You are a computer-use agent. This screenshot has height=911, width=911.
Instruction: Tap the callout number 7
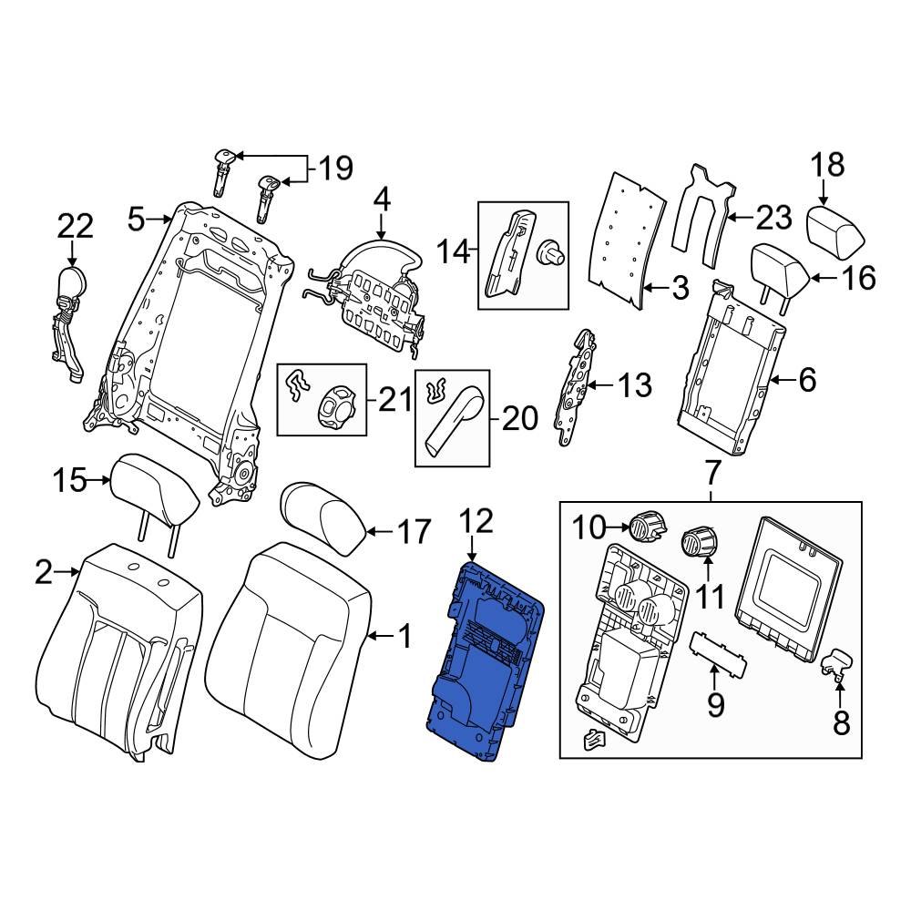[x=712, y=472]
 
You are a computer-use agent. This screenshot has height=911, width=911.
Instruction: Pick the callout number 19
[x=335, y=168]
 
